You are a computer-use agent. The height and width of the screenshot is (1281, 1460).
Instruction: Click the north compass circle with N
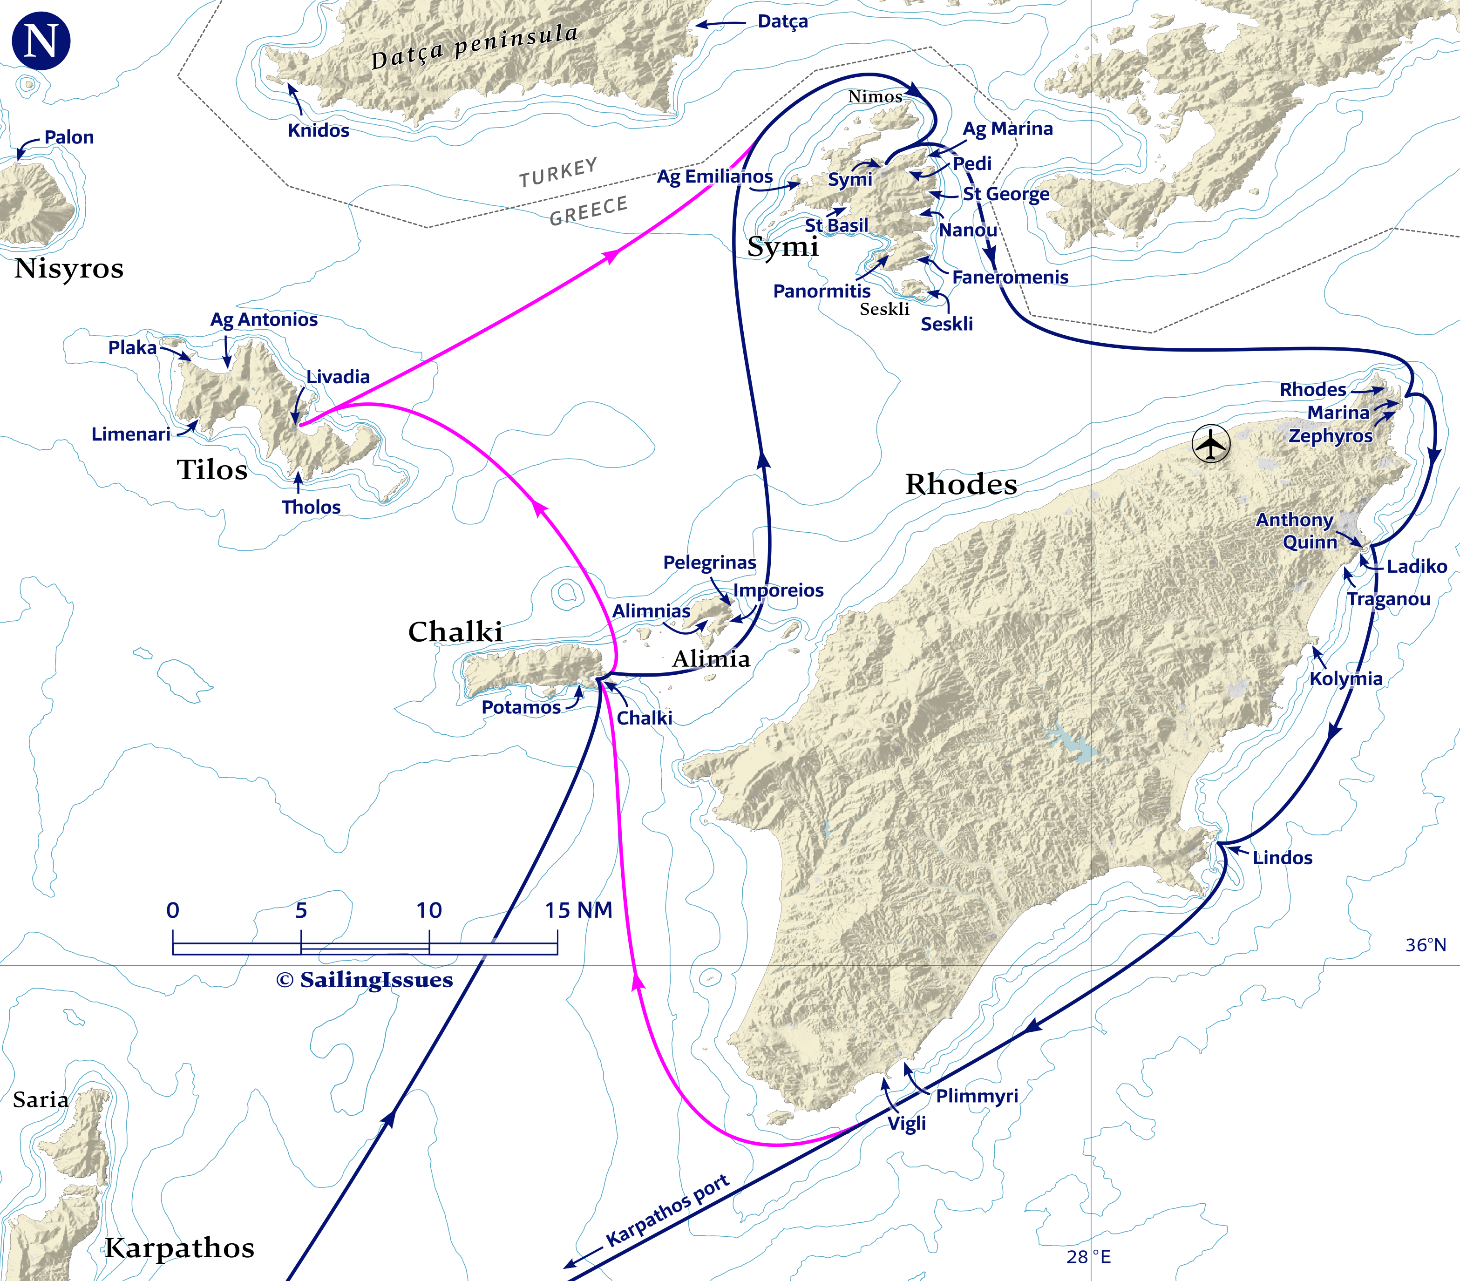(x=41, y=41)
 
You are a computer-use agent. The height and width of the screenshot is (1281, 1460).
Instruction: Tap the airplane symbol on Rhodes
(x=1211, y=444)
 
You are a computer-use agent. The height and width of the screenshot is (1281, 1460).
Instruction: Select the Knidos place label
(x=319, y=131)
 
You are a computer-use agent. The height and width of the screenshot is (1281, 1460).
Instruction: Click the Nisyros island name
(x=68, y=269)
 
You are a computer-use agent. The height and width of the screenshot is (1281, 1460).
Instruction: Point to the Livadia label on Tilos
(x=338, y=377)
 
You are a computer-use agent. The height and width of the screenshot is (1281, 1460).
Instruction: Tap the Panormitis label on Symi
(x=822, y=291)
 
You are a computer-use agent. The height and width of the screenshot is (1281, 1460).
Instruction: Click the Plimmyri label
(x=977, y=1096)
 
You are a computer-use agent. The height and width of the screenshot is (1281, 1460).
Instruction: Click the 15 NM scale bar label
(x=578, y=910)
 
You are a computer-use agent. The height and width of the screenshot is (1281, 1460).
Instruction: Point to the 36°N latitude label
(x=1425, y=945)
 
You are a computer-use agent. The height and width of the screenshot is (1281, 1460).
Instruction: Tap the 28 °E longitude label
(x=1088, y=1257)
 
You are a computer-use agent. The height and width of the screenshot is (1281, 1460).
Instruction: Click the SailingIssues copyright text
(x=364, y=980)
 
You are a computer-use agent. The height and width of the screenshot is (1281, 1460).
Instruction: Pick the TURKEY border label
(x=558, y=173)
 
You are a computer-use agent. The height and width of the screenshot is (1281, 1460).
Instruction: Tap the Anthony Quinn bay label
(x=1295, y=530)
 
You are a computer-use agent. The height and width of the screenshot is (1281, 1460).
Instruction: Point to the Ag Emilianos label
(x=714, y=176)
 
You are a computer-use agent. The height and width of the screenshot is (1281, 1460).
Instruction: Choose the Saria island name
(x=41, y=1100)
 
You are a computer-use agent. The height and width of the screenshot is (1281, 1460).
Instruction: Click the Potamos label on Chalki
(x=521, y=708)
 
